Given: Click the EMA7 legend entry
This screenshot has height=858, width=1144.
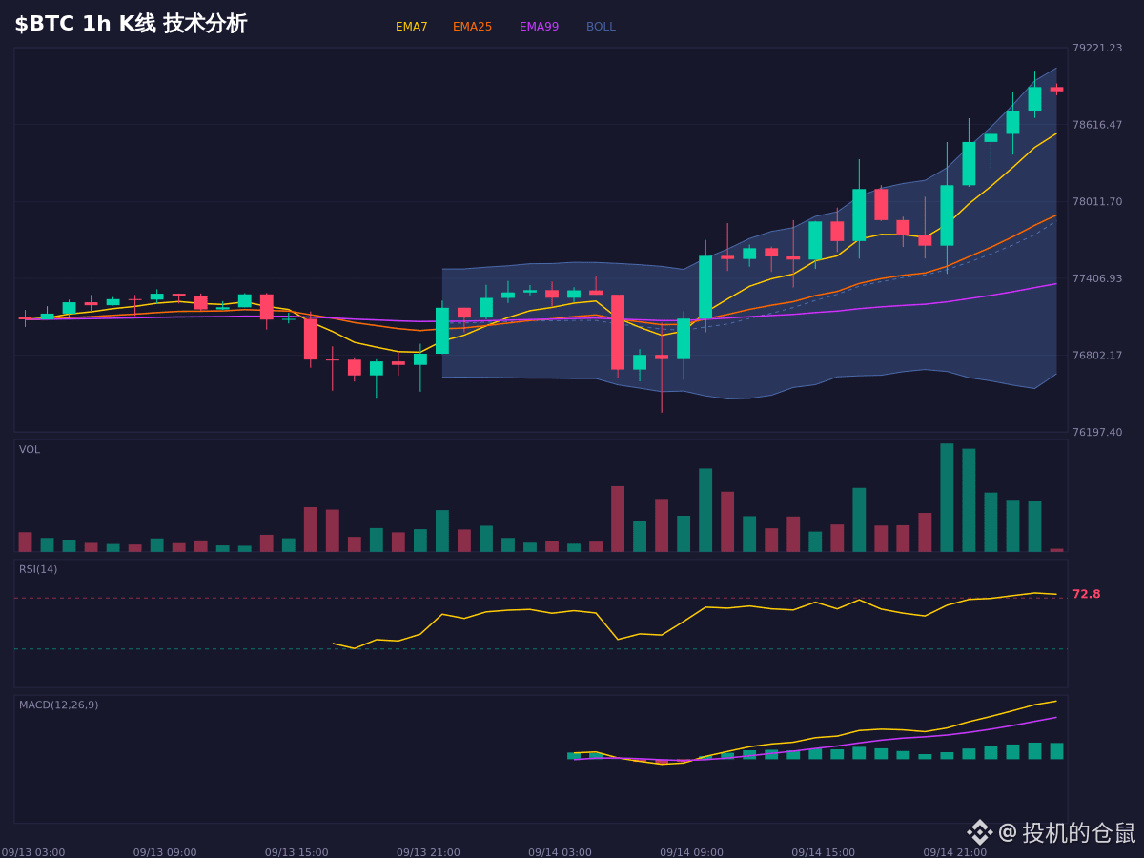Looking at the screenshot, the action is pos(411,27).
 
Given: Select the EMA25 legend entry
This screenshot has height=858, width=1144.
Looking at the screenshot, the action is pos(472,27).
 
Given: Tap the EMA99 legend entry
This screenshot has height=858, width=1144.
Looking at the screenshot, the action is pos(539,27).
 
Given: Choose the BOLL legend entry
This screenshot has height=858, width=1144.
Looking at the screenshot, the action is pos(601,27).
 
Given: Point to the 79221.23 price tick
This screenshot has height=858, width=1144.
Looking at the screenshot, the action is pos(1097,48).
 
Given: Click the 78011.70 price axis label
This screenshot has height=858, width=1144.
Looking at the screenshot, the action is pos(1097,201).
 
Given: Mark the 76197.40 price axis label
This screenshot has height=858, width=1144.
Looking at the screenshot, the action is pos(1097,432).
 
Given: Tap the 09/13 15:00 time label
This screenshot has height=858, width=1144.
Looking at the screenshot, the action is pos(296,852).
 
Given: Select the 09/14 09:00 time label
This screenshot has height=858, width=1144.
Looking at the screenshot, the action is pos(691,852).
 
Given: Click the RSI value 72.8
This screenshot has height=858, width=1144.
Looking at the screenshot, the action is pos(1086,594).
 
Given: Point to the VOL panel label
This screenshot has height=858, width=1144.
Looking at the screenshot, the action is pos(30,450).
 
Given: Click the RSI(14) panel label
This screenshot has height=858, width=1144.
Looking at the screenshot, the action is pos(38,569).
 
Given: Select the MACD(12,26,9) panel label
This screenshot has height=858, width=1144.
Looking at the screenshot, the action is pos(58,705).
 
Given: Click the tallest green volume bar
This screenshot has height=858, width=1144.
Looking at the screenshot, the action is pos(947,498).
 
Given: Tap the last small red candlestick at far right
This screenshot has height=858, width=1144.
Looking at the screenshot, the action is pos(1056,89).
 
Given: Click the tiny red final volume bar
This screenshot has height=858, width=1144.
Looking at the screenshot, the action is pos(1056,550).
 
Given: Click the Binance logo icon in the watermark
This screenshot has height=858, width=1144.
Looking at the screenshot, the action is pos(980,832).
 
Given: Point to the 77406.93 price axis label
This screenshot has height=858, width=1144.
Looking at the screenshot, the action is pos(1097,278).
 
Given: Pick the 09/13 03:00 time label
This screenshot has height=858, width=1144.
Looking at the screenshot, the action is pos(33,852).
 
